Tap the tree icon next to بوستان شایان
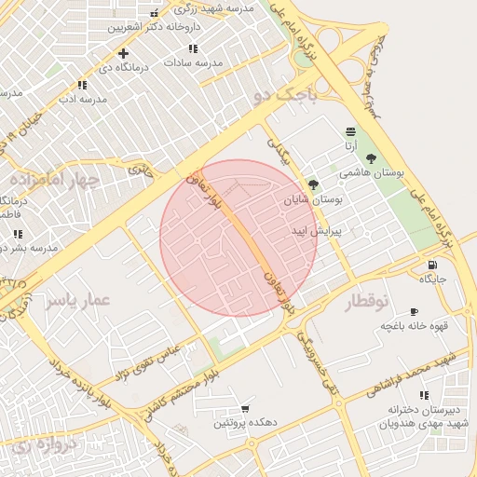(x=312, y=184)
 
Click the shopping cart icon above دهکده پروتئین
(x=245, y=408)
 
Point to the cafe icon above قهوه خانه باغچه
(x=415, y=312)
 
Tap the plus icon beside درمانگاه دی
(x=123, y=54)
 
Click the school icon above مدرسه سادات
(x=193, y=48)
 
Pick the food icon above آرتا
(x=349, y=131)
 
